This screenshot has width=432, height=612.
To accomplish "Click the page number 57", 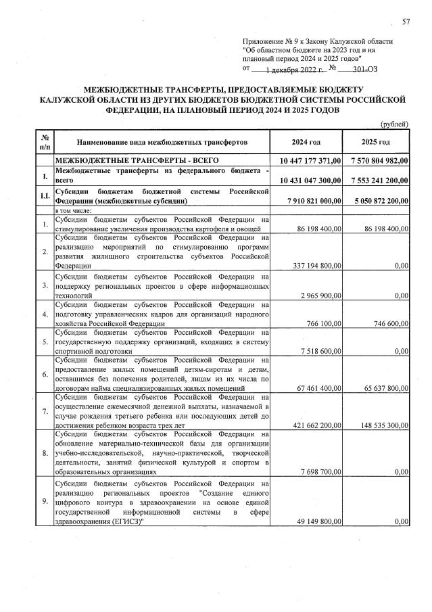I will [x=406, y=22].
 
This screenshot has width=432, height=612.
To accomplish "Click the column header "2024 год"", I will [x=306, y=142].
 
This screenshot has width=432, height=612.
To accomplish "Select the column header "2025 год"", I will [x=375, y=142].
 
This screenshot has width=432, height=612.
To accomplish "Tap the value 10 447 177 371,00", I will [x=310, y=162].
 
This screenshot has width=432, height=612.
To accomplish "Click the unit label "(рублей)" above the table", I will [x=394, y=124].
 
